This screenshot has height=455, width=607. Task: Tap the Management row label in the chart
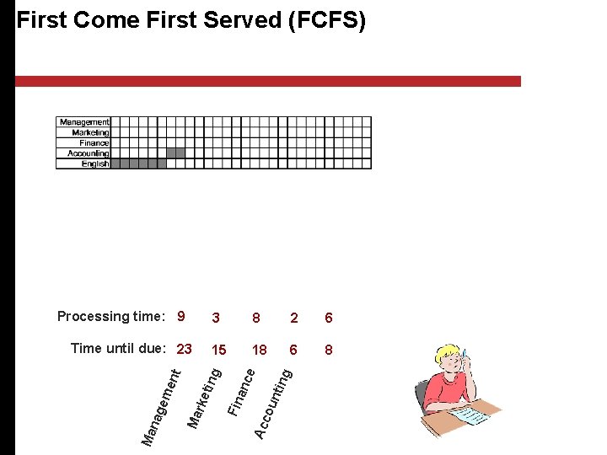[x=84, y=122]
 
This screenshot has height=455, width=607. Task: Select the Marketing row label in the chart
[x=90, y=132]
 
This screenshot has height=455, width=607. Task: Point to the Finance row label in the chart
[x=94, y=142]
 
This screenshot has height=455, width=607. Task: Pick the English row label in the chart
[x=95, y=163]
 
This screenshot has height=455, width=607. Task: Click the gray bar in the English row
[x=139, y=163]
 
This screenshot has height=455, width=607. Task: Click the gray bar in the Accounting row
[x=175, y=153]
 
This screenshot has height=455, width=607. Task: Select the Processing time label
[x=110, y=317]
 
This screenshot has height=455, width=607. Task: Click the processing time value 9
[x=181, y=317]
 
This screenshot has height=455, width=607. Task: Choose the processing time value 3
[x=217, y=318]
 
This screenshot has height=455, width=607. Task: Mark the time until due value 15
[x=218, y=349]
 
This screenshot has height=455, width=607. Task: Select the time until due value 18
[x=260, y=349]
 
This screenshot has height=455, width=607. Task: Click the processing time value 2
[x=293, y=318]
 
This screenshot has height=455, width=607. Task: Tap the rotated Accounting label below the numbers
[x=275, y=402]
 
